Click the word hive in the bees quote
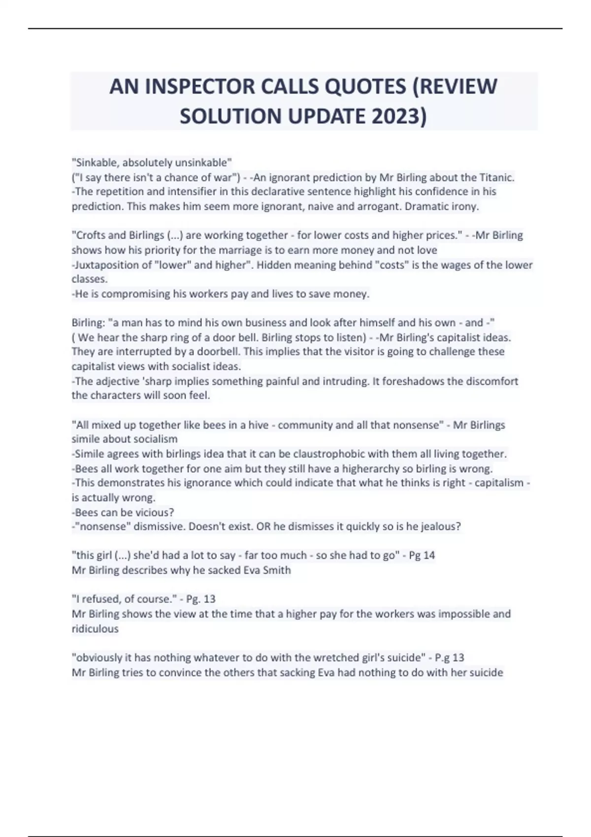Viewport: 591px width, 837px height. tap(259, 425)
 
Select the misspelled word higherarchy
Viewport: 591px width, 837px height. tap(375, 469)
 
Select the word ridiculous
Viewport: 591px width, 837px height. tap(95, 629)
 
